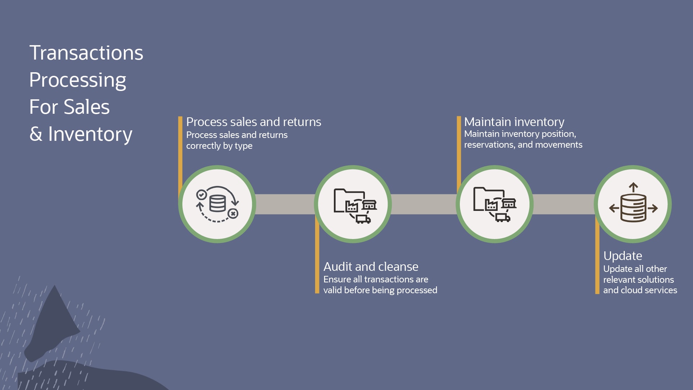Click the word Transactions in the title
tap(86, 53)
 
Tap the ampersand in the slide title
tap(36, 134)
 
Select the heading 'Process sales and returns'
tap(253, 122)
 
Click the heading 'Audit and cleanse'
tap(371, 266)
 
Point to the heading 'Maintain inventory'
tap(514, 122)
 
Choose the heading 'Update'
tap(623, 256)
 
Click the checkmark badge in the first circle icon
tap(201, 195)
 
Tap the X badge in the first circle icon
tap(233, 214)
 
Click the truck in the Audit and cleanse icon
tap(363, 219)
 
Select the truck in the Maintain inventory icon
tap(502, 217)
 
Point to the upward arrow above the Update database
tap(633, 187)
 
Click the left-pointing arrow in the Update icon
tap(614, 208)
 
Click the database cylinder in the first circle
tap(218, 204)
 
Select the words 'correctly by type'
tap(219, 146)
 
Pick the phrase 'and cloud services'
tap(640, 290)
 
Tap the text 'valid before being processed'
tap(380, 290)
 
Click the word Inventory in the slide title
tap(90, 134)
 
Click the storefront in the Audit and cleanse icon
tap(369, 205)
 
